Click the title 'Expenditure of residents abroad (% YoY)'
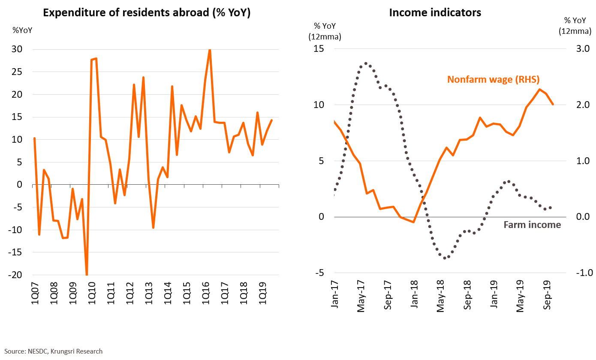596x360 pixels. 147,13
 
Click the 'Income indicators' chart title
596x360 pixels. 435,13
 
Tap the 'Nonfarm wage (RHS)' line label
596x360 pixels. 493,80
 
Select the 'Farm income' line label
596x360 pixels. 532,225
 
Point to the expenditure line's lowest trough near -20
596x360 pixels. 87,274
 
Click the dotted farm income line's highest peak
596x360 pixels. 366,63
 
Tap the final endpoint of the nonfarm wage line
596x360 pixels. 553,104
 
